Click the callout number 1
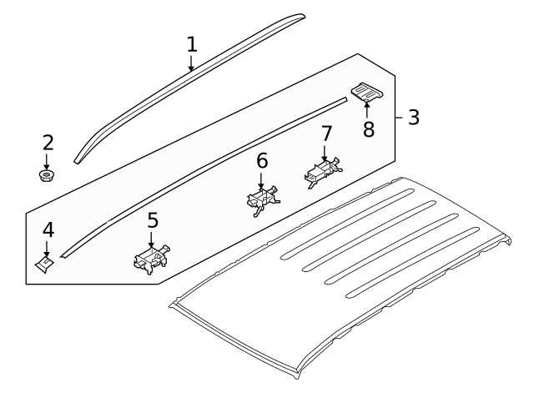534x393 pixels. (x=192, y=43)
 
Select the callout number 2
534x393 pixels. (x=48, y=143)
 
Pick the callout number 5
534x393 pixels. (x=152, y=221)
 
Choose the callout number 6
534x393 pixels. (x=261, y=161)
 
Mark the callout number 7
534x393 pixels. (x=325, y=134)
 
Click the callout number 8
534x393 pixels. (x=368, y=129)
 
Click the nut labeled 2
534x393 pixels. (x=48, y=175)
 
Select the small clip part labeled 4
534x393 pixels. (x=45, y=263)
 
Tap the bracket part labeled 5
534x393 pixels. (x=151, y=259)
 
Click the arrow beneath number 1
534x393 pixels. (x=192, y=65)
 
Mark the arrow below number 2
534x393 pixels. (x=48, y=161)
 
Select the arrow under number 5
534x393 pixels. (x=152, y=240)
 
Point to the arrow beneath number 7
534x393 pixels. (x=325, y=152)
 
